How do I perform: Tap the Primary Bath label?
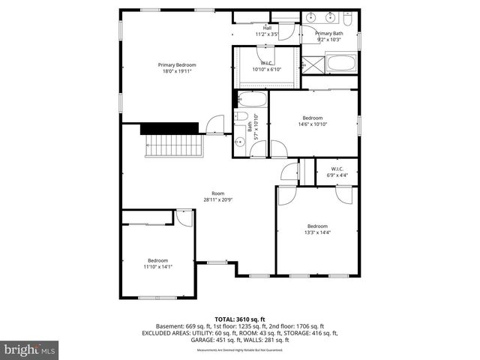coord(328,37)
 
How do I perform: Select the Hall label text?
coord(267,31)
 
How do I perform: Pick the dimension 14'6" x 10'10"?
coord(312,125)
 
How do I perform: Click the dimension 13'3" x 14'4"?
coord(317,232)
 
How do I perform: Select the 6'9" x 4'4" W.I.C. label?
coord(337,173)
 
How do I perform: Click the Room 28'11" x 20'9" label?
coord(217,196)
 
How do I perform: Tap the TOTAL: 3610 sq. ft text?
coord(240,319)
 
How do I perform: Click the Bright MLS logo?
coord(30,349)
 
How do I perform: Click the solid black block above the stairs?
coord(169,128)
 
